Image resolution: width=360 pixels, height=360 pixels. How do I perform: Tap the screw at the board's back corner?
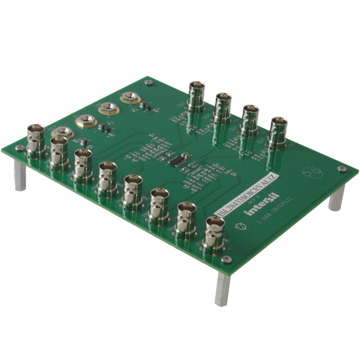click(148, 83)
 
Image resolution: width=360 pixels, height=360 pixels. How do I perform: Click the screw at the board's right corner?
click(341, 169)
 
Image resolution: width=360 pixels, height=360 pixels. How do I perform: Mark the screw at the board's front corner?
click(226, 260)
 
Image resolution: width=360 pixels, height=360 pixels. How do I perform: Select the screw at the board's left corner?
click(20, 148)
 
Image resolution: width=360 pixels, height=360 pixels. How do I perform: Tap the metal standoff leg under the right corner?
click(336, 197)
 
